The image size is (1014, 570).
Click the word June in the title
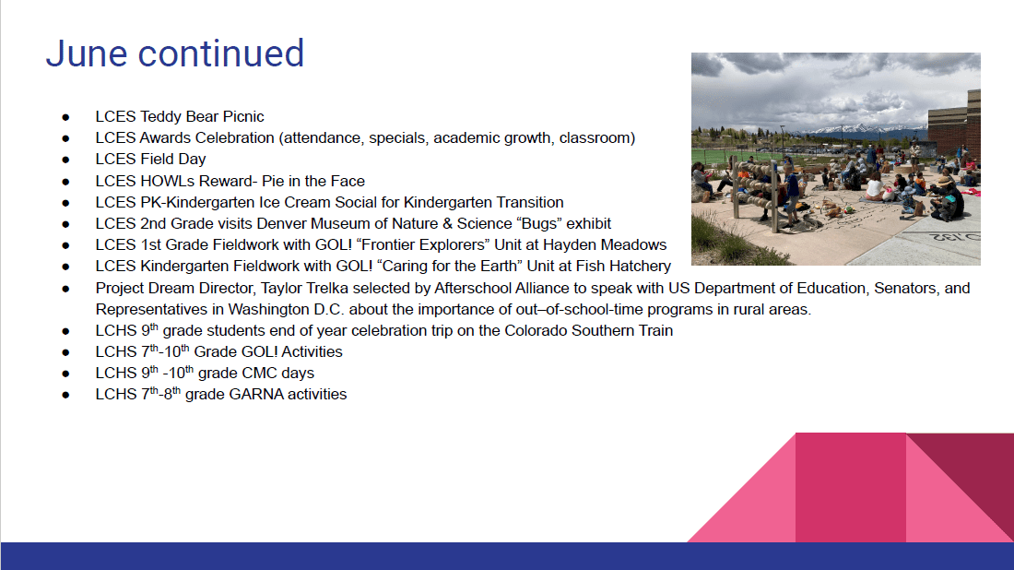[87, 53]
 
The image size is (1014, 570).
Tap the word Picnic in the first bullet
[243, 116]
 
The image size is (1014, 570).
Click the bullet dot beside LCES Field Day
[66, 160]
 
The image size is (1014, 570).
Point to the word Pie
[273, 181]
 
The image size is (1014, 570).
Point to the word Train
[654, 330]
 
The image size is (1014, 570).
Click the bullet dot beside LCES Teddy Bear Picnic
[66, 117]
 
